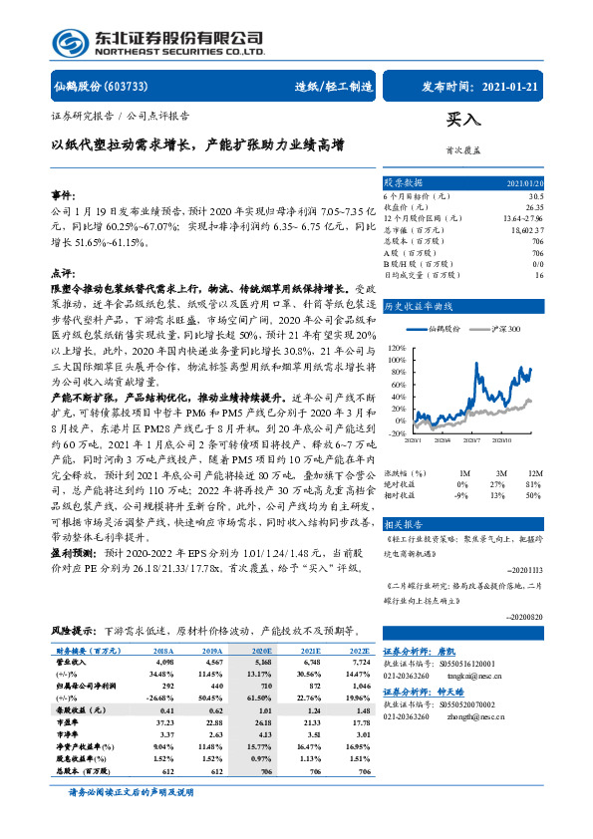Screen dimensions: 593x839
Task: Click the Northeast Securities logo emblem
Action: [x=71, y=43]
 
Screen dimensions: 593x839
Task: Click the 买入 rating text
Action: [x=462, y=120]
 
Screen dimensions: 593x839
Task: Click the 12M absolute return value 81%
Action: [x=533, y=483]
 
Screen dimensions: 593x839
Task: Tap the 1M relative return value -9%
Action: [x=460, y=494]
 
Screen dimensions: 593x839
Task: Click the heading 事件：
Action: [x=63, y=195]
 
